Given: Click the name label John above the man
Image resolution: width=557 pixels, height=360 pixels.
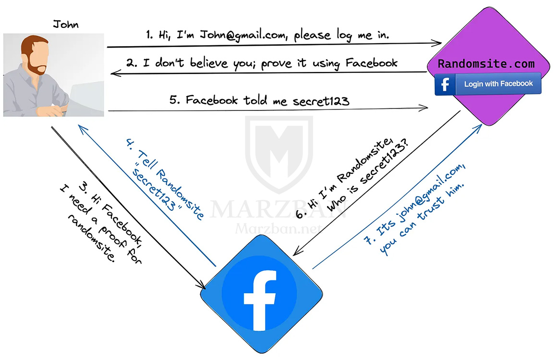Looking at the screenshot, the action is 66,24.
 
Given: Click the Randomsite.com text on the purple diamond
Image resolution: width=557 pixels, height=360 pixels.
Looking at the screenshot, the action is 486,64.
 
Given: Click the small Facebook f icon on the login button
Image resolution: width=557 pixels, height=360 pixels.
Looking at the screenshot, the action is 445,84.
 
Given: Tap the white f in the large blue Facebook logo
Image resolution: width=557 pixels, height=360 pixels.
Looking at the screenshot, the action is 260,300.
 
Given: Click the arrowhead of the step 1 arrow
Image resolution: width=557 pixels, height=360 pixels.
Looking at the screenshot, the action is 437,43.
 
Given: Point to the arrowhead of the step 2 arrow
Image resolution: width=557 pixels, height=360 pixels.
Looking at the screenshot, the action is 115,73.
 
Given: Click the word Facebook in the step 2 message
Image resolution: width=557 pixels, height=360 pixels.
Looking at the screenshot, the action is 371,63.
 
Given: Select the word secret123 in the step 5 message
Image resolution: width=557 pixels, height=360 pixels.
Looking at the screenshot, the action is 321,101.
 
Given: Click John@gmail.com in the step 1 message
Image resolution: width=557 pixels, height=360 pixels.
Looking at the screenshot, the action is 244,35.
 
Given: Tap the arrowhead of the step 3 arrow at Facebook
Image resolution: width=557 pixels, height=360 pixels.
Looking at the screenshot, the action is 201,284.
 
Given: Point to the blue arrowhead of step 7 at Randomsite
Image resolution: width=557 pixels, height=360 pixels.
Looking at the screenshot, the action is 478,128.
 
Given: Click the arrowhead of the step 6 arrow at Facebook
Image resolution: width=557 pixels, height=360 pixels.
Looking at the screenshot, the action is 297,252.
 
